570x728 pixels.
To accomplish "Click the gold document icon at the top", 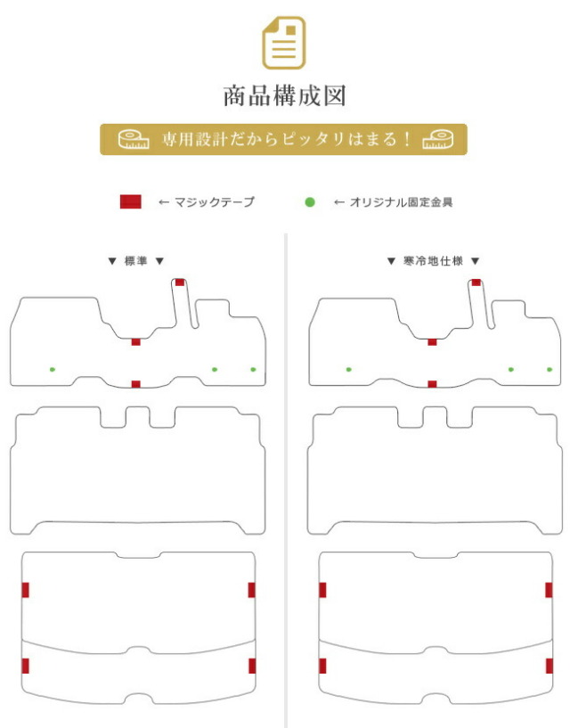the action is click(x=284, y=43).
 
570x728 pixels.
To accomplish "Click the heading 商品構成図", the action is click(x=284, y=96).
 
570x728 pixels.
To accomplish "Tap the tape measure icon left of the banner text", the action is click(x=134, y=139).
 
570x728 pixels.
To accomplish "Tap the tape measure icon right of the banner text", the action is click(x=437, y=139).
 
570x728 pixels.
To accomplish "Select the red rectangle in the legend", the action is click(x=130, y=202).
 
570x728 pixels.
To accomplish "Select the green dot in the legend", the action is click(x=310, y=202).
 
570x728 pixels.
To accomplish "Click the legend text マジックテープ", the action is click(x=215, y=202).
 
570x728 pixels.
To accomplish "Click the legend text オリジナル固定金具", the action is click(x=401, y=202).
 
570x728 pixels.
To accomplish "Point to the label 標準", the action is click(x=135, y=261).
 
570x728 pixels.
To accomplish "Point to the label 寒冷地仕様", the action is click(x=433, y=261).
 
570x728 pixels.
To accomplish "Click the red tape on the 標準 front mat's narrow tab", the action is click(x=180, y=282).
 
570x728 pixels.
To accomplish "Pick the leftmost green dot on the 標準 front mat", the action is click(x=53, y=370).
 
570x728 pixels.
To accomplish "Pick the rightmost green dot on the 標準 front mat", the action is click(x=253, y=370).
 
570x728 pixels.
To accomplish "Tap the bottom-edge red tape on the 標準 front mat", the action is click(x=135, y=384).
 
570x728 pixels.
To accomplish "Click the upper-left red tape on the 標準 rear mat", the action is click(x=26, y=590).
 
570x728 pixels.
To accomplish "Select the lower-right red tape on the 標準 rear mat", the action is click(x=252, y=666).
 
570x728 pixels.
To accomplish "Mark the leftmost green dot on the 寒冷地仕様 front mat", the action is click(x=348, y=370).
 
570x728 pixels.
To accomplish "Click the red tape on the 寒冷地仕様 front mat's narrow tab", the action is click(x=476, y=282).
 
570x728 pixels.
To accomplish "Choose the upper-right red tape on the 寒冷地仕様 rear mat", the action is click(x=549, y=590).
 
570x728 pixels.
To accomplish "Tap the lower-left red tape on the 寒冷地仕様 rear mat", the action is click(x=322, y=666).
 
